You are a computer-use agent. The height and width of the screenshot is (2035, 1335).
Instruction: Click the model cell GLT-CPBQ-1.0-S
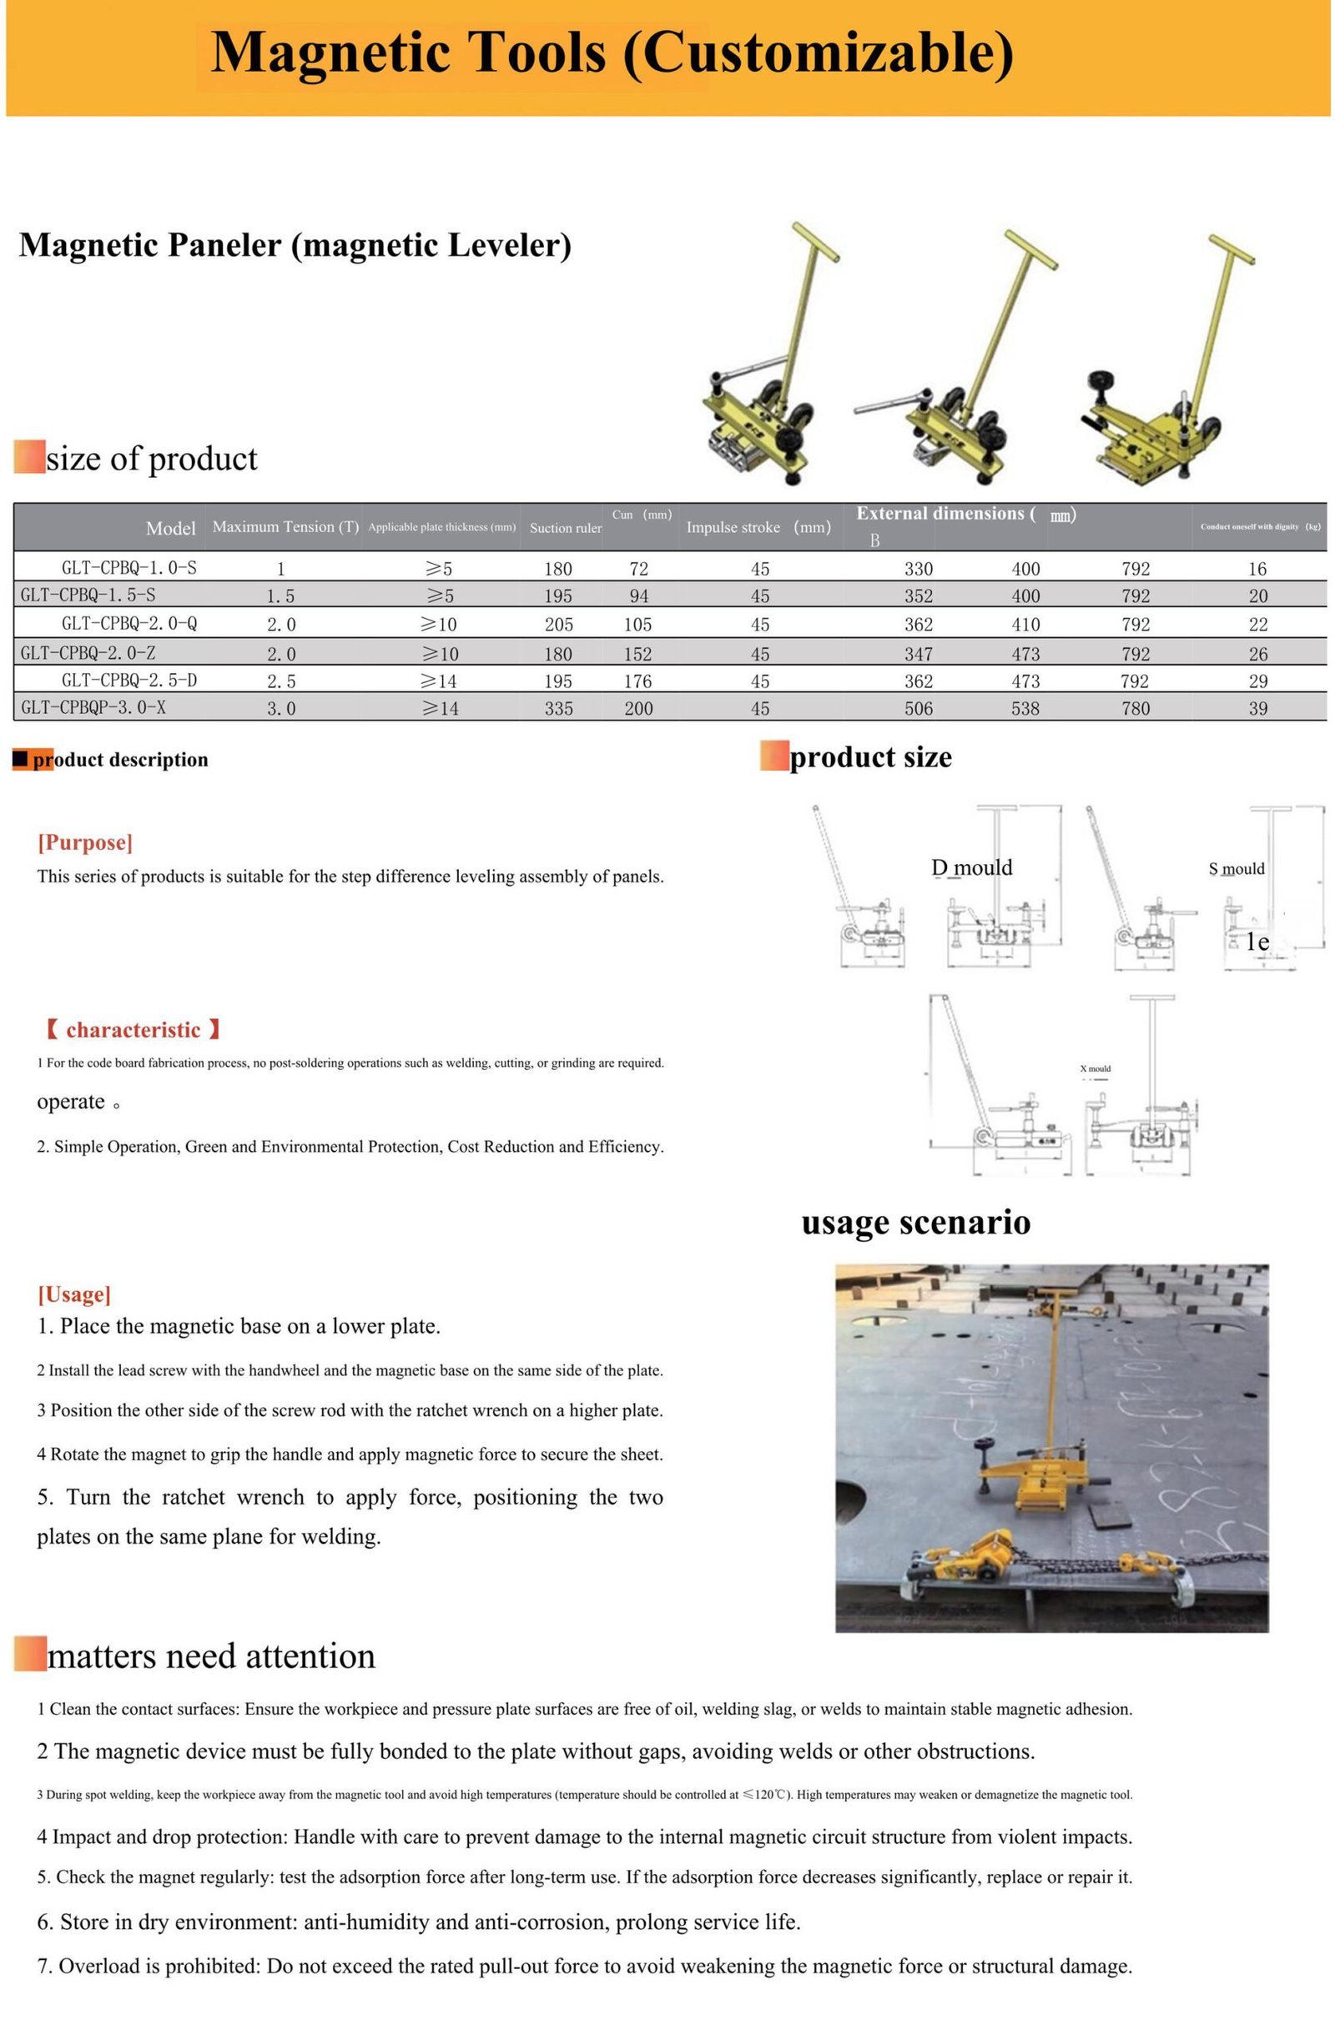(129, 568)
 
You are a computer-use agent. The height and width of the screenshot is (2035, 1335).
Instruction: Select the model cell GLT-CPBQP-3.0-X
(93, 707)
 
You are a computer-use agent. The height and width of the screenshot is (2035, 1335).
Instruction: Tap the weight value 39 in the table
(1257, 708)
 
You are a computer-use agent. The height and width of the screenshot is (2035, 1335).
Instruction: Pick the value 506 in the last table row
(918, 708)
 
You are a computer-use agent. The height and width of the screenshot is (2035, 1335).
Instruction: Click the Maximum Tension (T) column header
(285, 527)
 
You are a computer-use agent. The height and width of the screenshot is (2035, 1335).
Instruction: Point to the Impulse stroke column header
(758, 528)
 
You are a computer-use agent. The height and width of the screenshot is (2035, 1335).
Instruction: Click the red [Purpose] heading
(84, 842)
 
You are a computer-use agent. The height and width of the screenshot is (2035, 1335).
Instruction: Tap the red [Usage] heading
(73, 1294)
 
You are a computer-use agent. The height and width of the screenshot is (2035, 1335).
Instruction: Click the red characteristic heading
(133, 1029)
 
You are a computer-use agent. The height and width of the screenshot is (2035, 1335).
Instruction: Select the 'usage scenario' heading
(915, 1222)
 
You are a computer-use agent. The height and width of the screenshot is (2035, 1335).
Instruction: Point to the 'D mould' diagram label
(970, 868)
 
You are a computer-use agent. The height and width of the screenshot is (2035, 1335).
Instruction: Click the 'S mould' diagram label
(1236, 869)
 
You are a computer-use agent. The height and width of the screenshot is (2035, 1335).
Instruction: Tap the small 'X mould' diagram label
(1095, 1069)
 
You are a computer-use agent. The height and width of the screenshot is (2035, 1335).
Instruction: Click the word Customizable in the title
(817, 53)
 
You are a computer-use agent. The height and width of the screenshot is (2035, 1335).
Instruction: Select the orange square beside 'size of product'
(29, 456)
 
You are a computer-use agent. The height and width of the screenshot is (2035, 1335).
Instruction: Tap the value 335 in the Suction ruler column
(558, 708)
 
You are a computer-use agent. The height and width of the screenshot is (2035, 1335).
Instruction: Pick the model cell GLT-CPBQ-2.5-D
(129, 681)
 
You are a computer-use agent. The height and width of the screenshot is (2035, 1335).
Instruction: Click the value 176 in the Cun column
(637, 681)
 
